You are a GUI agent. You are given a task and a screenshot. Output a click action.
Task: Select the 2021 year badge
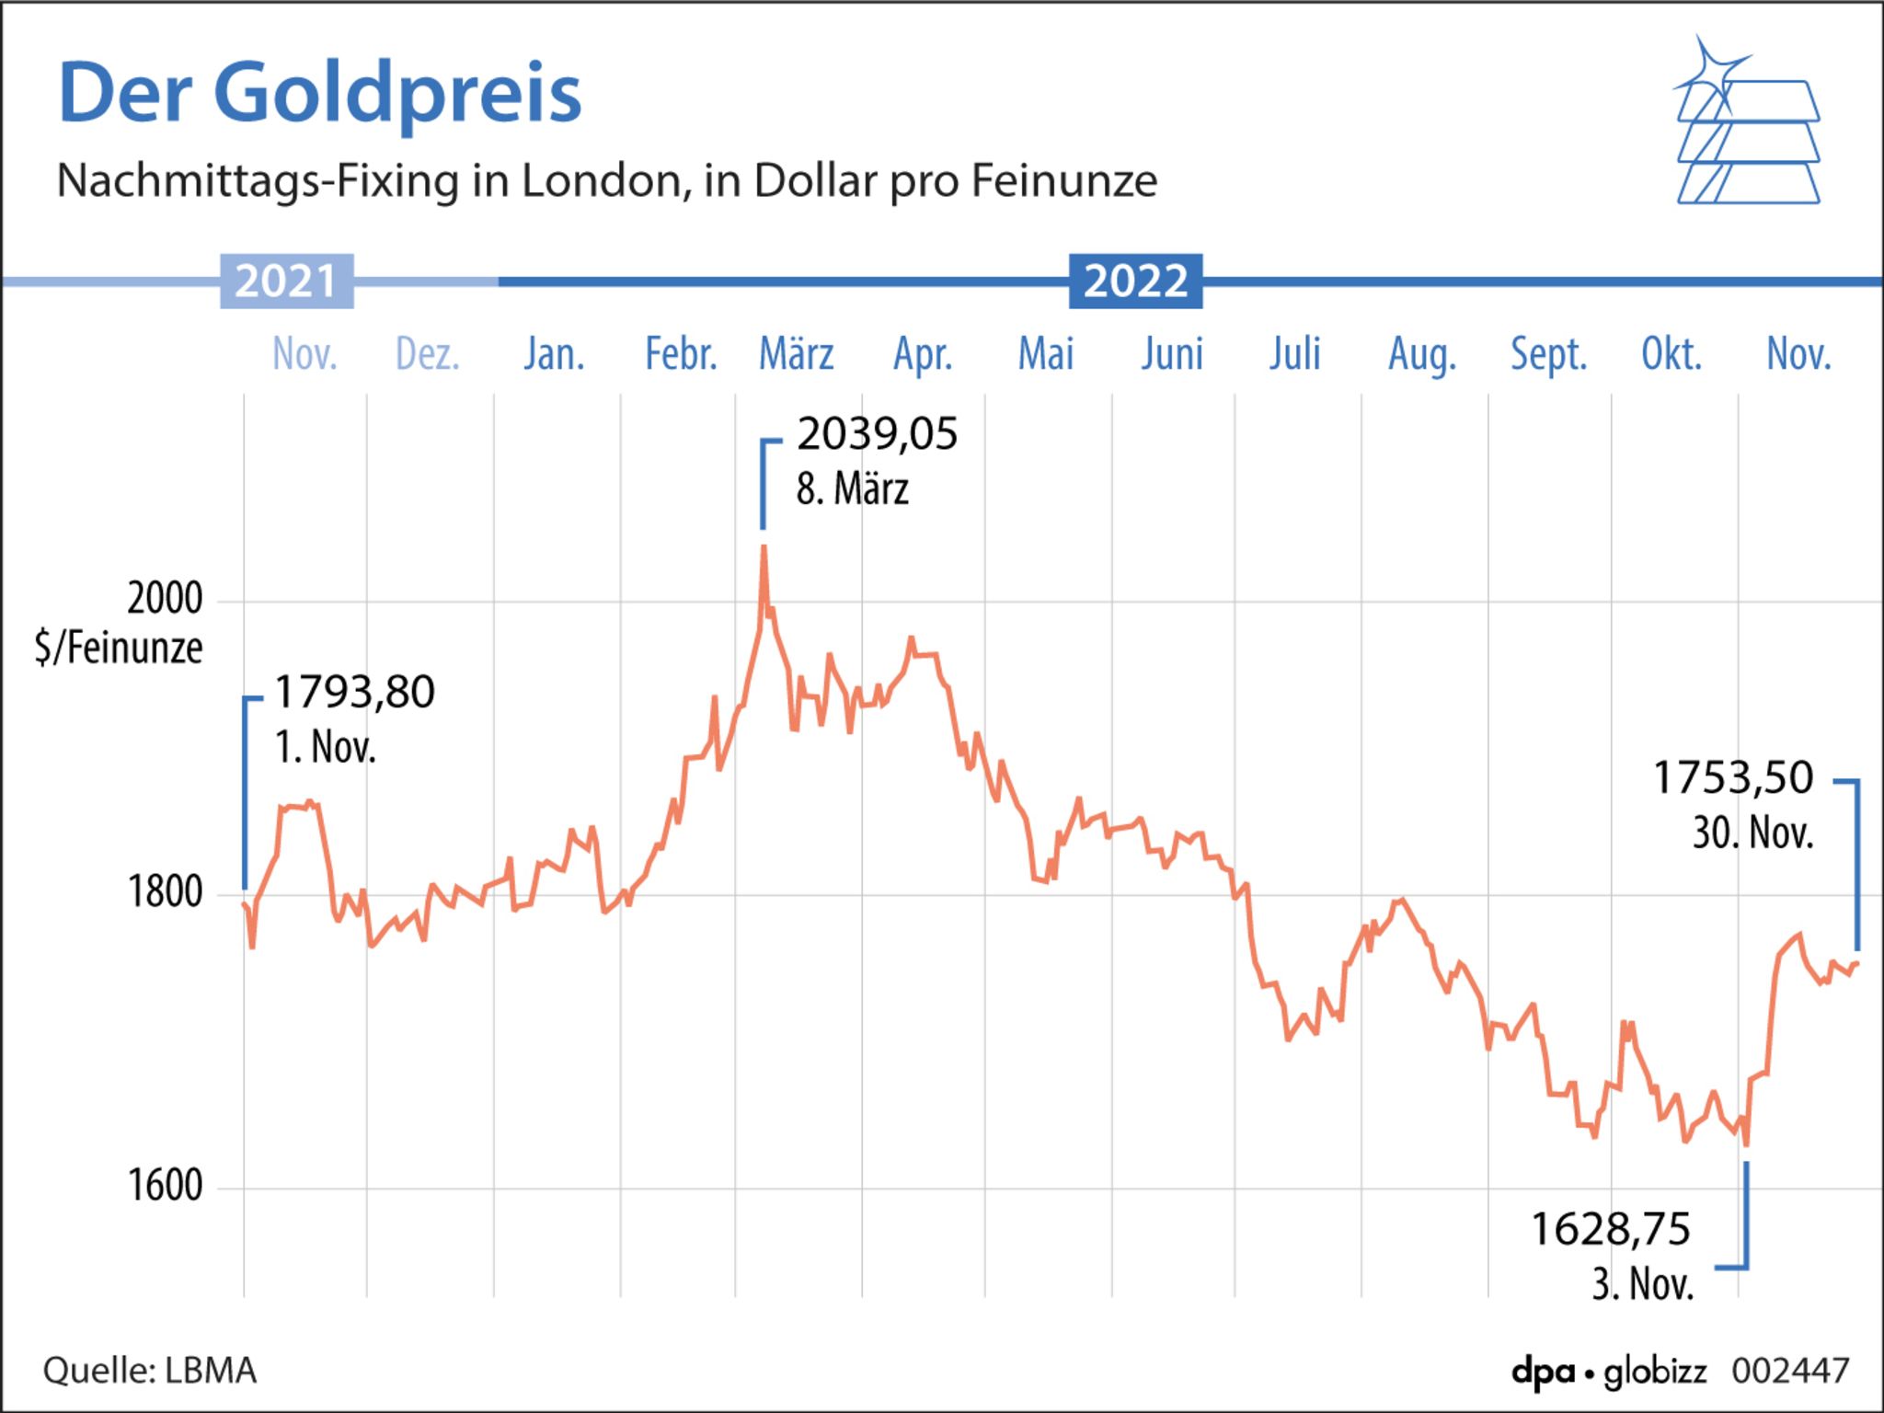[286, 281]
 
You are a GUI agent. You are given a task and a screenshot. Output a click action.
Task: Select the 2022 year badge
[1135, 281]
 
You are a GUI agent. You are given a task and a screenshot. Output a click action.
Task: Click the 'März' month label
[796, 354]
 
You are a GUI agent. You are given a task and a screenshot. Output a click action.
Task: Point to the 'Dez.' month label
[428, 354]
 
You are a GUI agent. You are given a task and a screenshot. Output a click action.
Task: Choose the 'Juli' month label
[1294, 354]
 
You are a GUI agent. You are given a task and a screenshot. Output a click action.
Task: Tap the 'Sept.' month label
[1548, 354]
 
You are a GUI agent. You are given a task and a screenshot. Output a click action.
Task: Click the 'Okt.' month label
[1671, 354]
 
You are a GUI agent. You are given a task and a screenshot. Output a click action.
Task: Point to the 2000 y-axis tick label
[165, 599]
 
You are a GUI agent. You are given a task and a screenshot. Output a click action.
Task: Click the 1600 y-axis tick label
[165, 1186]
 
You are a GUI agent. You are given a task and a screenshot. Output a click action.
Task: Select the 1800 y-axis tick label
[165, 892]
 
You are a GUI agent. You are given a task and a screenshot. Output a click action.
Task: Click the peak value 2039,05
[877, 434]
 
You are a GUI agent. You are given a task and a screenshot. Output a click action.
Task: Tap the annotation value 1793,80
[354, 692]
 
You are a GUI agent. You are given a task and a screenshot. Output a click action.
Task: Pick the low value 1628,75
[1610, 1230]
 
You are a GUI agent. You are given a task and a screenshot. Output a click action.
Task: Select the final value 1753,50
[1733, 778]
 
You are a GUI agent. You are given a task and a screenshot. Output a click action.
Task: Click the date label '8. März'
[852, 489]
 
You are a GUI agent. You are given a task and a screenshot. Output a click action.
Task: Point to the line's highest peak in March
[764, 548]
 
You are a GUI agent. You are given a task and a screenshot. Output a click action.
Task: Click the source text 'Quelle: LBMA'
[150, 1371]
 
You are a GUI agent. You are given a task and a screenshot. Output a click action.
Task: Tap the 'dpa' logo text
[1542, 1372]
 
